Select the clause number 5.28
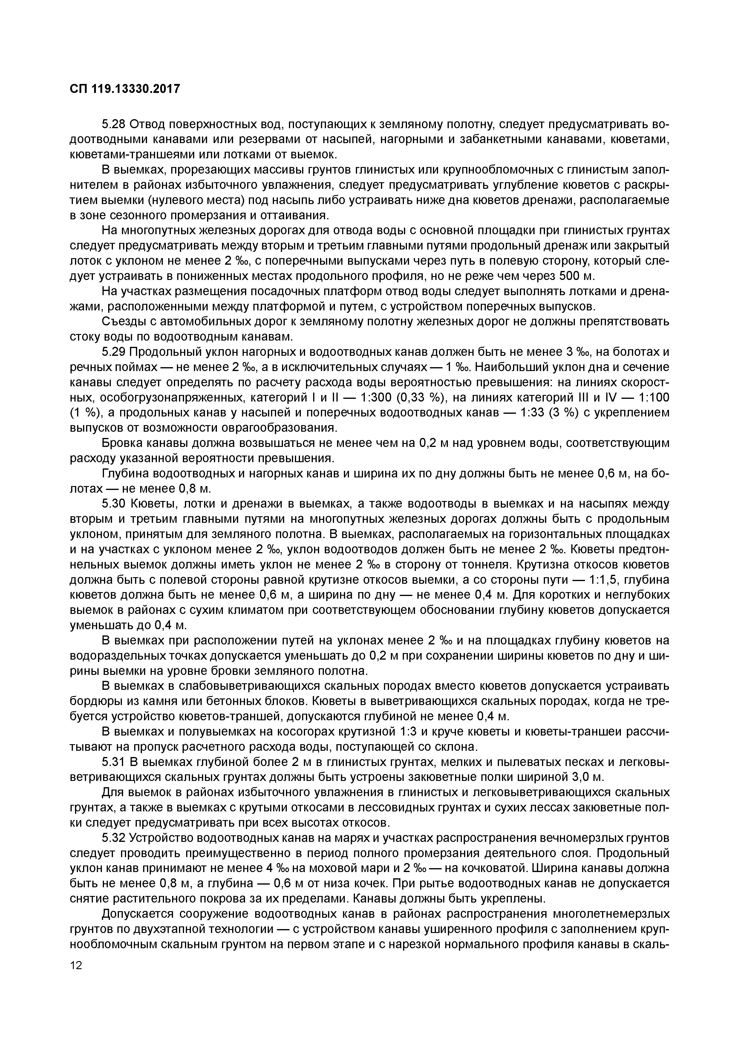click(x=114, y=124)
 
